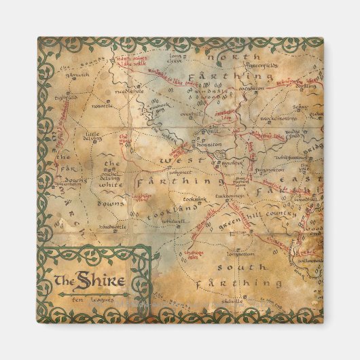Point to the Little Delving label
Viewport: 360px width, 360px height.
(x=97, y=138)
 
